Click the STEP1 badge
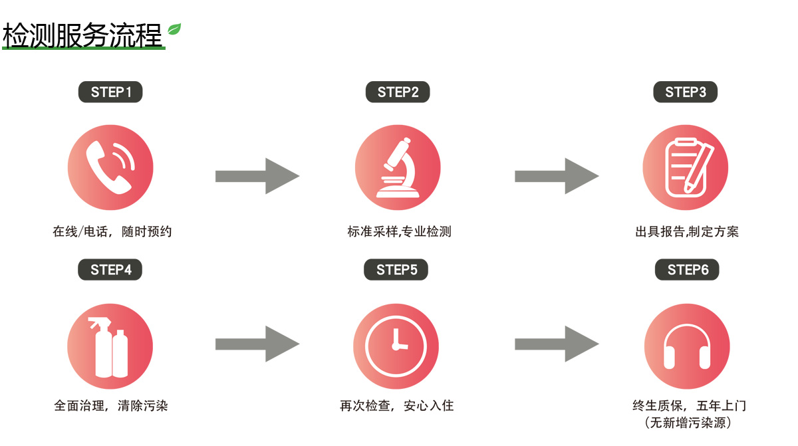coord(111,92)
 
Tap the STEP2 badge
coord(398,92)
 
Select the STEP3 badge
coord(685,92)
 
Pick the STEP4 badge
coord(111,269)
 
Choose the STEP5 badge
coord(396,269)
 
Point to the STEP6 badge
coord(688,269)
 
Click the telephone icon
coord(110,167)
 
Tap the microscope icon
coord(398,167)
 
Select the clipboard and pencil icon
coord(686,167)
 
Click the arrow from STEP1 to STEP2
coord(257,176)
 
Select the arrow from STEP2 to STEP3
coord(557,176)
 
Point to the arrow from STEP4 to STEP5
coord(257,344)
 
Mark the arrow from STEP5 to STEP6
coord(557,344)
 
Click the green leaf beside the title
coord(174,29)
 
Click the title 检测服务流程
coord(83,36)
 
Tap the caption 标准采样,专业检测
coord(399,232)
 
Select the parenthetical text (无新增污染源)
coord(688,423)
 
